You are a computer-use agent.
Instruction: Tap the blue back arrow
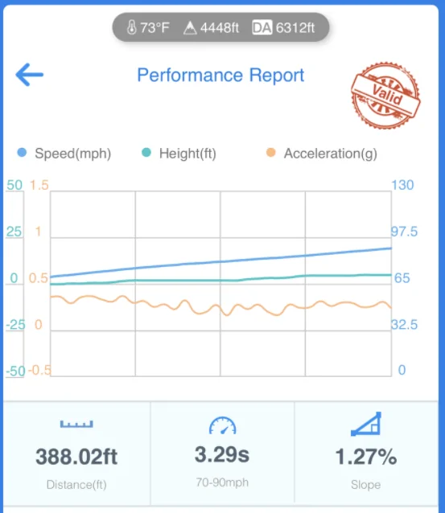pyautogui.click(x=30, y=75)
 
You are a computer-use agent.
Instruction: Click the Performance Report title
pyautogui.click(x=220, y=76)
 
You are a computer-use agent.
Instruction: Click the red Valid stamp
pyautogui.click(x=385, y=95)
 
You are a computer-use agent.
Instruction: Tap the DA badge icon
pyautogui.click(x=262, y=27)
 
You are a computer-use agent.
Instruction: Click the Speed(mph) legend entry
pyautogui.click(x=64, y=153)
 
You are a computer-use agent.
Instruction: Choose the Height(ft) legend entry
pyautogui.click(x=179, y=153)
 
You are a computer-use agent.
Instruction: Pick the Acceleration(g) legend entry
pyautogui.click(x=322, y=153)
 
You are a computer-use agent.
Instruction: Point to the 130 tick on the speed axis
pyautogui.click(x=402, y=185)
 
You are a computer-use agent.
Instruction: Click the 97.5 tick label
pyautogui.click(x=405, y=232)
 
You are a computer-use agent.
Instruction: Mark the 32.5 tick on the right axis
pyautogui.click(x=405, y=325)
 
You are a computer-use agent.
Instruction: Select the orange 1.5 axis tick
pyautogui.click(x=39, y=185)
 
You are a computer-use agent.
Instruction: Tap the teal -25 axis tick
pyautogui.click(x=15, y=325)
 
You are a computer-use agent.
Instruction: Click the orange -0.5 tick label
pyautogui.click(x=39, y=371)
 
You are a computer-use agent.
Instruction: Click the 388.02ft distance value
pyautogui.click(x=76, y=457)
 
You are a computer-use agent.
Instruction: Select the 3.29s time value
pyautogui.click(x=222, y=455)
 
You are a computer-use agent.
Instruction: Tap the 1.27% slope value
pyautogui.click(x=366, y=457)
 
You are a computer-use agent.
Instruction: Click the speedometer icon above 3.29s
pyautogui.click(x=222, y=425)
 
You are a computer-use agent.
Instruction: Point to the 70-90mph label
pyautogui.click(x=222, y=482)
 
